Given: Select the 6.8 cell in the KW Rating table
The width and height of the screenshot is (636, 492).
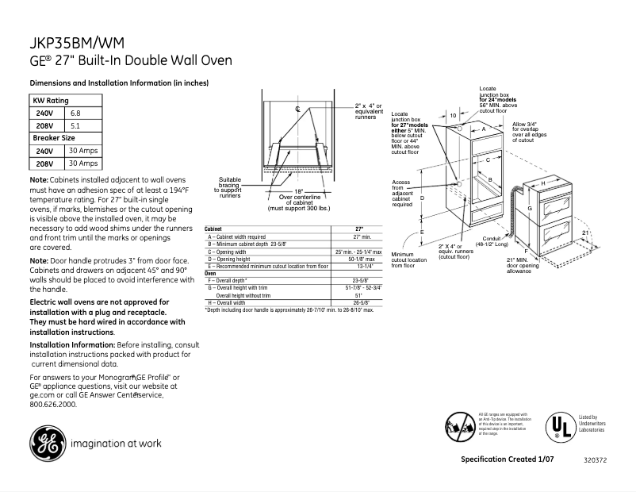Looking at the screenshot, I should pyautogui.click(x=75, y=113).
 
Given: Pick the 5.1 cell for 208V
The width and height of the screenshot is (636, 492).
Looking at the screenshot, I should pyautogui.click(x=75, y=125).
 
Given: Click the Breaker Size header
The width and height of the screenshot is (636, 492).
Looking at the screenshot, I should pyautogui.click(x=54, y=137).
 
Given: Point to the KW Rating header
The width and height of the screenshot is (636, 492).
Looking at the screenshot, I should pyautogui.click(x=50, y=101).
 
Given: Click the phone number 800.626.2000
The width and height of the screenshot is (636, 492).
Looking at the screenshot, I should pyautogui.click(x=53, y=404).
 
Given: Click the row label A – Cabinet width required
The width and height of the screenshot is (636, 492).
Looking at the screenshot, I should pyautogui.click(x=236, y=236).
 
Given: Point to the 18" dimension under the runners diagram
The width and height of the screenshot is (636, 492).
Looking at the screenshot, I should pyautogui.click(x=298, y=191).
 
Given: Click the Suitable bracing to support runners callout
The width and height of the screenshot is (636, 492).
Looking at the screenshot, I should pyautogui.click(x=230, y=186).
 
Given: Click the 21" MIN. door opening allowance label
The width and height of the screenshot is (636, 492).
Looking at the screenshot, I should pyautogui.click(x=522, y=265).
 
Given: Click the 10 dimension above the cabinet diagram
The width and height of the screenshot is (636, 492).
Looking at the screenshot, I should pyautogui.click(x=453, y=116).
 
